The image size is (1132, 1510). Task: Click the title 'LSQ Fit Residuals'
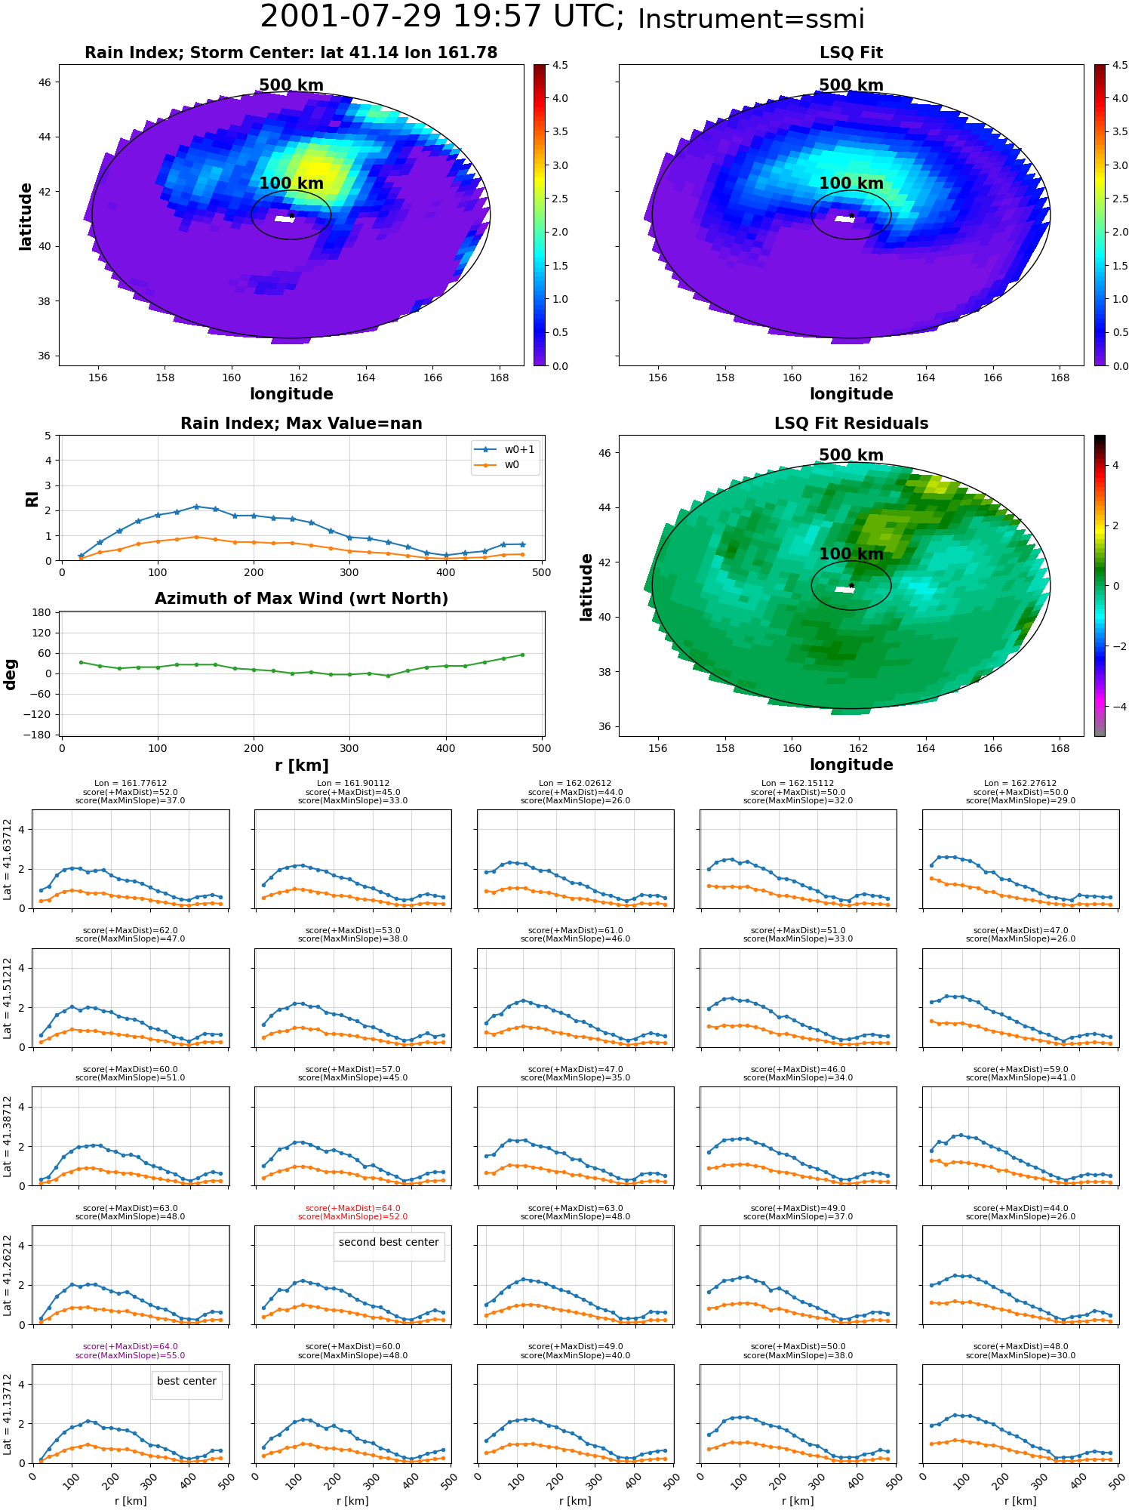tap(851, 424)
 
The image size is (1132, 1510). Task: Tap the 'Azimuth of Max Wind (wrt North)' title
tap(301, 599)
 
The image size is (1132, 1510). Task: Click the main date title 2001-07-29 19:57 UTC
tap(442, 17)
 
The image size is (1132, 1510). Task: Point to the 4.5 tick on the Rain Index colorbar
tap(560, 65)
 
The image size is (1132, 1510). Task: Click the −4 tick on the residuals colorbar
tap(1115, 707)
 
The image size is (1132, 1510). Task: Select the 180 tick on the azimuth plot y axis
tap(42, 612)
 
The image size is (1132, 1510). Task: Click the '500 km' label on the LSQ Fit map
tap(851, 85)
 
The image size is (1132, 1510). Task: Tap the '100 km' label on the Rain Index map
tap(291, 183)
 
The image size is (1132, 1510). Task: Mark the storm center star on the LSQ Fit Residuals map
tap(851, 585)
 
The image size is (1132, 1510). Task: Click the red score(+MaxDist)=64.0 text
tap(353, 1209)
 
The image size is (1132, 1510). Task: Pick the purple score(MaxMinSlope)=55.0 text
tap(130, 1355)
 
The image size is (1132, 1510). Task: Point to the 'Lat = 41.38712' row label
tap(8, 1136)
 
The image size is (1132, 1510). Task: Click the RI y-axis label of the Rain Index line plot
tap(32, 499)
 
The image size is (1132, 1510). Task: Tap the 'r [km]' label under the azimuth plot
tap(301, 766)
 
